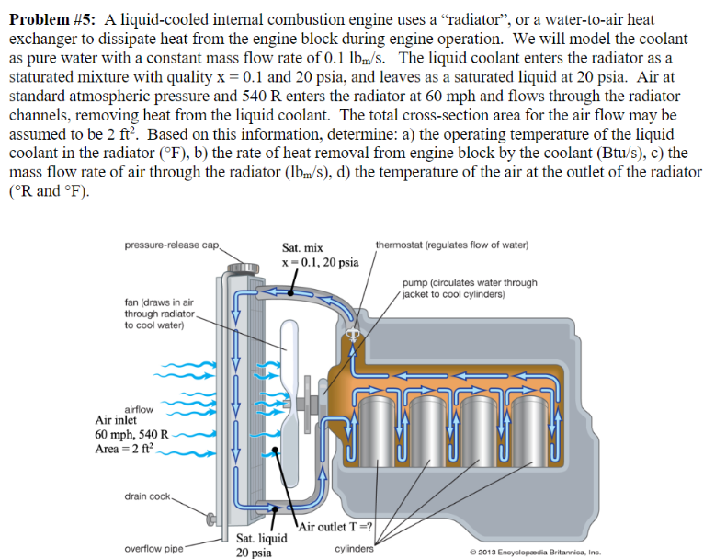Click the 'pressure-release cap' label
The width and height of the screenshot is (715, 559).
(172, 244)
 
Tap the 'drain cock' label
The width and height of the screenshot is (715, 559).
(148, 496)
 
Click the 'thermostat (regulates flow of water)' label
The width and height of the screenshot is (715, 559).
(452, 244)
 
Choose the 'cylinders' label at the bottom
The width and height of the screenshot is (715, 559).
(355, 550)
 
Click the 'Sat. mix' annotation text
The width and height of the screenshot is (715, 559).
(301, 249)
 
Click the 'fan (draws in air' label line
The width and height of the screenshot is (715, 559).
(158, 302)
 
